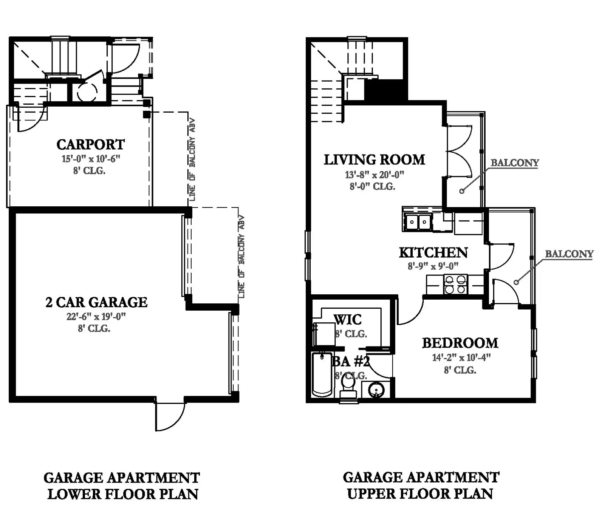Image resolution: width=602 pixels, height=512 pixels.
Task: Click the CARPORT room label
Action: click(x=90, y=145)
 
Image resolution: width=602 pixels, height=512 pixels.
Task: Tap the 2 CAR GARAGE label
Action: click(x=96, y=302)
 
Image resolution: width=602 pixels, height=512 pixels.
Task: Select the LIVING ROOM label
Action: click(x=374, y=160)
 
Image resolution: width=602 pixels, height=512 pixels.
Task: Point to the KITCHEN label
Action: click(x=433, y=253)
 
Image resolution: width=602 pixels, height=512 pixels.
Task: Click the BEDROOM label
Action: click(x=460, y=343)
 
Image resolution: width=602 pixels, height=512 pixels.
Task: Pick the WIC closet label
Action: click(x=348, y=320)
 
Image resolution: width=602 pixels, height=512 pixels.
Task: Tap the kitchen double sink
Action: click(x=418, y=222)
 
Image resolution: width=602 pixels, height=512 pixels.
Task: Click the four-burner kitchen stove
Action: click(x=456, y=285)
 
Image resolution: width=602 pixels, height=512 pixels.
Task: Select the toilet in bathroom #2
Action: click(x=348, y=387)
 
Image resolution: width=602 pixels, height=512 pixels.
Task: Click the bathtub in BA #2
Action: click(x=322, y=375)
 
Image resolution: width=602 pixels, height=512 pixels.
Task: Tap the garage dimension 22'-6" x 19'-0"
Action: click(x=96, y=316)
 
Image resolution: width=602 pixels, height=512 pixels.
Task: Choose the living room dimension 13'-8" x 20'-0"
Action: click(x=375, y=175)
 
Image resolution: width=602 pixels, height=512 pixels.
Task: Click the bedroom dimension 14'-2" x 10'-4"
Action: click(x=461, y=357)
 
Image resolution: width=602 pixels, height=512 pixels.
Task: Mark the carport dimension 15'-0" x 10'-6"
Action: click(x=91, y=159)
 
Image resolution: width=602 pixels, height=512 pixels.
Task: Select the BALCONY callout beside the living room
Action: click(x=515, y=163)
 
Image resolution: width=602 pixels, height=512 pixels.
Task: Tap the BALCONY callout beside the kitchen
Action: click(x=569, y=254)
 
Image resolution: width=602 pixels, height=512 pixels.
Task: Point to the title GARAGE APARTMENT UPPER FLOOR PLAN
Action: click(x=421, y=485)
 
